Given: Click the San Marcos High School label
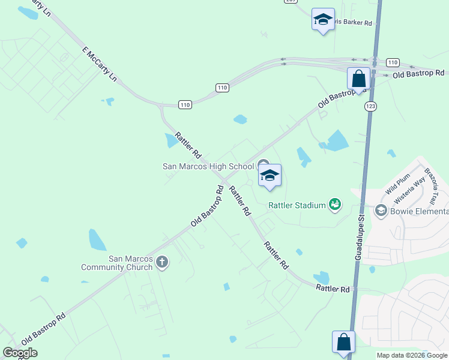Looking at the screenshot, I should point(208,166).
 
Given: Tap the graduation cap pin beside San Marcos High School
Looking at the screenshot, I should point(270,176).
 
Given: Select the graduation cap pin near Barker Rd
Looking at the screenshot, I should point(323,20).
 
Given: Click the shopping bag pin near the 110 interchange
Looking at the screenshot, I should point(358,79).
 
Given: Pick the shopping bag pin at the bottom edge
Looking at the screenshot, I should point(344,343).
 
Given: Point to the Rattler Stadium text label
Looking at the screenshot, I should point(297,205).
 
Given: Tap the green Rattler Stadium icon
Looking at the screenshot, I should point(335,205).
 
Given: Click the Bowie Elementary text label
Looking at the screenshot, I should point(420,211).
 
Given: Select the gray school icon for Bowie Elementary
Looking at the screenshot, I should point(381,211).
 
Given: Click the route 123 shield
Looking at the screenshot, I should point(370,106).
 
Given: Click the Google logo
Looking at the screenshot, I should point(20,353).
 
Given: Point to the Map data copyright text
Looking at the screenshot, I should point(412,355).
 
